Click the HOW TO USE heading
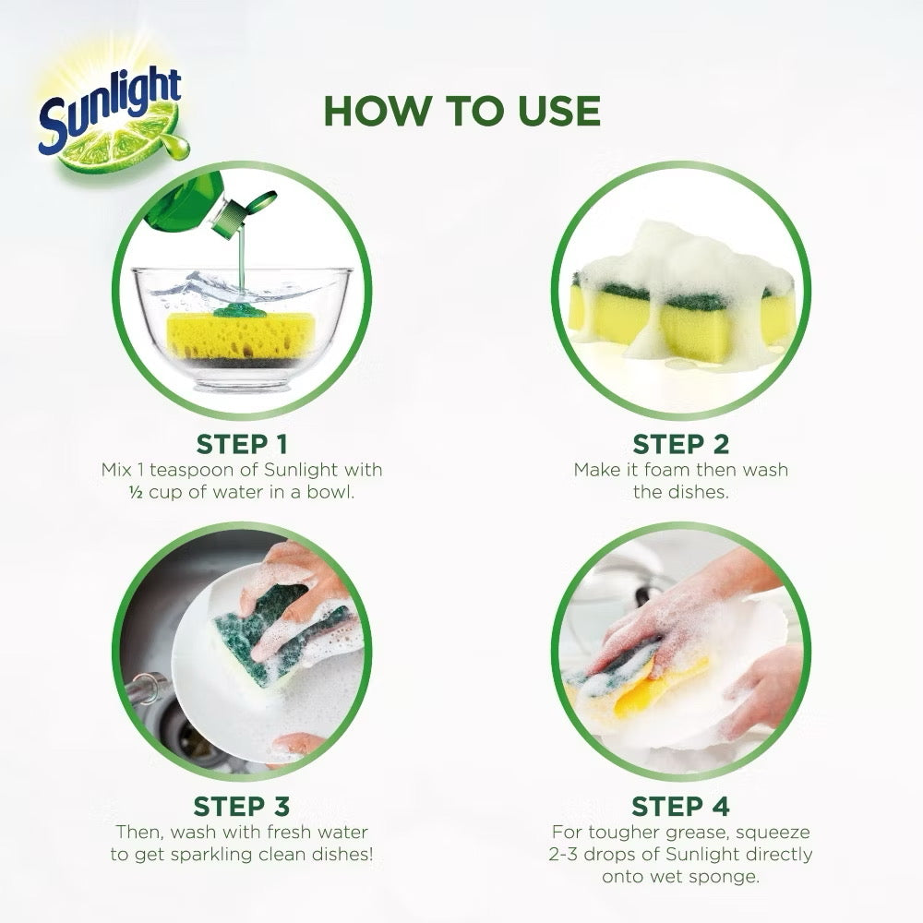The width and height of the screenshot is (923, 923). pyautogui.click(x=461, y=111)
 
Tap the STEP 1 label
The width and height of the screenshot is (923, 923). pyautogui.click(x=242, y=444)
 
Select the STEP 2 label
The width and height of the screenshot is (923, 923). pyautogui.click(x=681, y=444)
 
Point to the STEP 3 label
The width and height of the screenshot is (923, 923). pyautogui.click(x=242, y=806)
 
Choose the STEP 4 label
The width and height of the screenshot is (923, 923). pyautogui.click(x=681, y=806)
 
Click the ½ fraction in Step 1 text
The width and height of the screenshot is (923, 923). pyautogui.click(x=135, y=491)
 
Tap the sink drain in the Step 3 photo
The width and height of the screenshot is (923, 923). pyautogui.click(x=189, y=734)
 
